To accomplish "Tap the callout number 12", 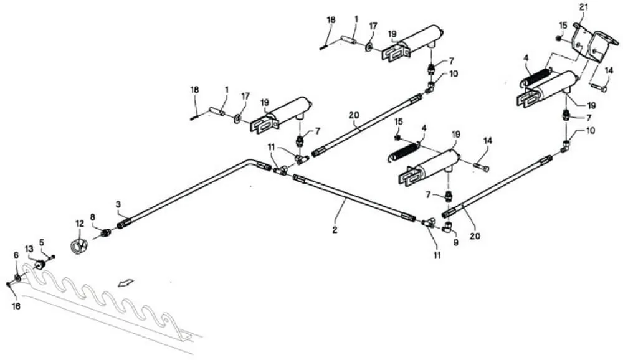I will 79,223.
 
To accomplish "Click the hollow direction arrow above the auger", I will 126,283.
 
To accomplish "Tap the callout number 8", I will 93,217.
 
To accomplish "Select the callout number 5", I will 42,242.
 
